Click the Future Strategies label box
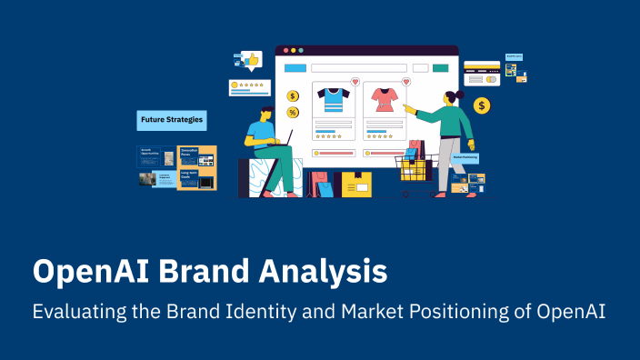click(x=171, y=120)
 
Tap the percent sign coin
click(x=293, y=112)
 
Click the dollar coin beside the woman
click(x=482, y=106)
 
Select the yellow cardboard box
click(x=357, y=185)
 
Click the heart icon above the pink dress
click(x=405, y=82)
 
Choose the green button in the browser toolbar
click(x=441, y=67)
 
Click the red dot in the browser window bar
click(x=282, y=50)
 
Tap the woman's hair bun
click(x=461, y=94)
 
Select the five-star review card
click(x=249, y=86)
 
